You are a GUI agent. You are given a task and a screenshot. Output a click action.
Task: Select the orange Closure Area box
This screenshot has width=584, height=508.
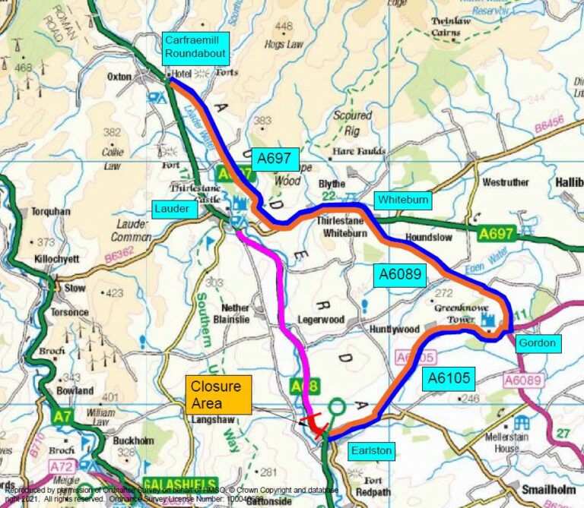click(x=218, y=395)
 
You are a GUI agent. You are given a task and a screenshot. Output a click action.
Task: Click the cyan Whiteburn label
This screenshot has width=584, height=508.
click(x=401, y=200)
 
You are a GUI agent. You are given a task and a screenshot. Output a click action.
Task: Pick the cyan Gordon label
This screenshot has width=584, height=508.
click(x=537, y=343)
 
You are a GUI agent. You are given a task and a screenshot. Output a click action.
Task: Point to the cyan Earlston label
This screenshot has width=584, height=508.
click(x=370, y=451)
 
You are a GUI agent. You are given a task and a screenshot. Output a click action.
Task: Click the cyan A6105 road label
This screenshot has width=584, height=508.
click(x=449, y=377)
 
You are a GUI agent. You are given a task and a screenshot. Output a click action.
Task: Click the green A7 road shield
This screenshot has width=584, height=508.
click(x=63, y=416)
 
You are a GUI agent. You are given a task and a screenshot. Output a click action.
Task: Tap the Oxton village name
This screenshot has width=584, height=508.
click(x=119, y=77)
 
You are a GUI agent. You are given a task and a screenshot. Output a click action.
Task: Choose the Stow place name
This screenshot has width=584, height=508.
click(x=75, y=288)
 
